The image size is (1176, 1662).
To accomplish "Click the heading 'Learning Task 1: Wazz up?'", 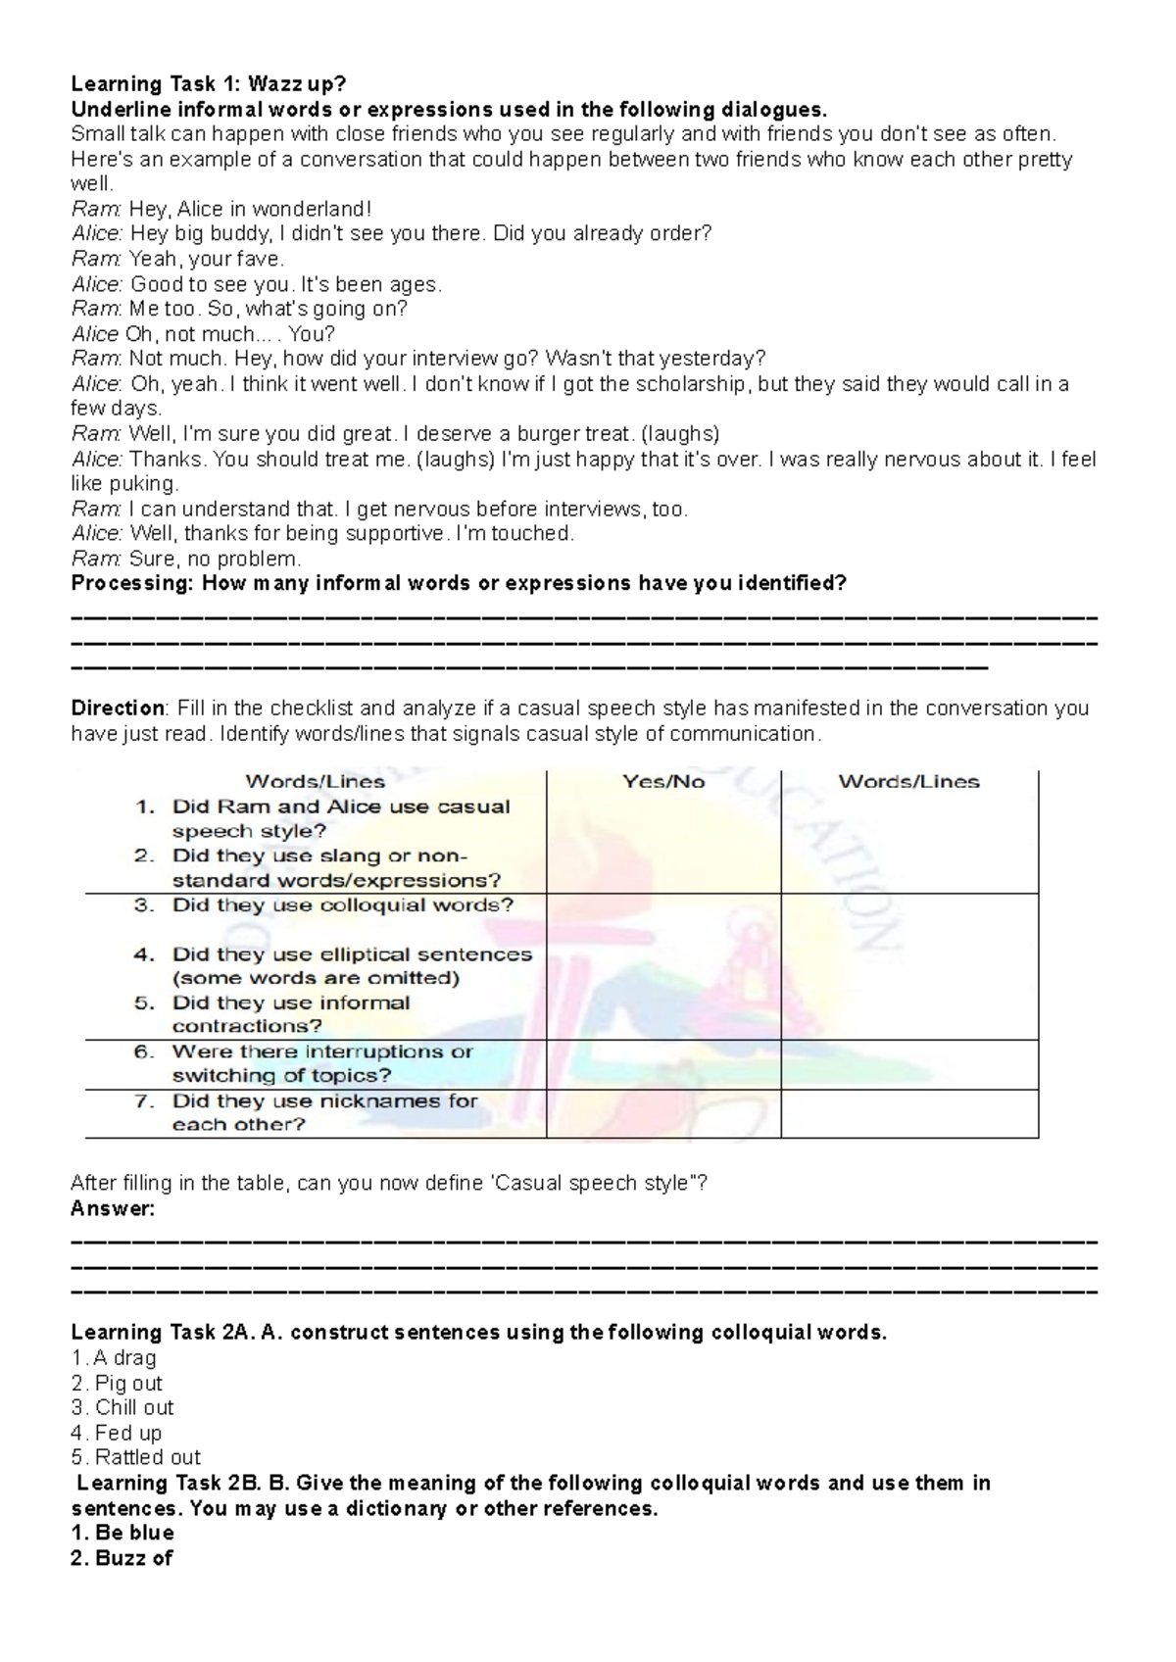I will (208, 84).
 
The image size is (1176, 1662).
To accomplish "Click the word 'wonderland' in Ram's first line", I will (311, 209).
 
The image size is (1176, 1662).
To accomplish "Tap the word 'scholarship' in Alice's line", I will (691, 384).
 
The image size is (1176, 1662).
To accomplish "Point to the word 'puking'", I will (143, 484).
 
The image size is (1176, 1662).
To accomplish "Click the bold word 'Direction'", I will (118, 709).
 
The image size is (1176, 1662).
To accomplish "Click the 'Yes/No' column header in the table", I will (663, 782).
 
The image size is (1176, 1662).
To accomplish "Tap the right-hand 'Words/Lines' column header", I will (908, 782).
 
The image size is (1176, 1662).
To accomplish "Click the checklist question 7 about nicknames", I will (323, 1112).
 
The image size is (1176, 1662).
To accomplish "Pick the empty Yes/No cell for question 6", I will (663, 1064).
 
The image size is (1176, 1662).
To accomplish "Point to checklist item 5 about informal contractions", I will (290, 1014).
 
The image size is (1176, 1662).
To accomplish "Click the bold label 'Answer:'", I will (113, 1209).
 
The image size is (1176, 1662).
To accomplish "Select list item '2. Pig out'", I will (117, 1384).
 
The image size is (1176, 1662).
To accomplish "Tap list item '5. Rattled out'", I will (135, 1458).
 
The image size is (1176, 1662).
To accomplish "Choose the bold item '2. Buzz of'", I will (122, 1558).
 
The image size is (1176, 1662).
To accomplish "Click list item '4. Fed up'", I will (116, 1433).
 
